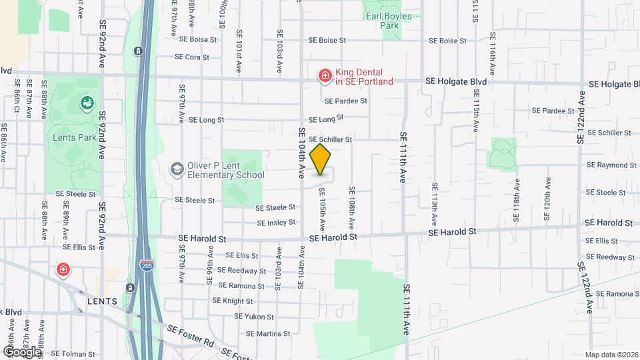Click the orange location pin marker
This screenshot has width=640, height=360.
[321, 159]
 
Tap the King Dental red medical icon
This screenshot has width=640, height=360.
[325, 77]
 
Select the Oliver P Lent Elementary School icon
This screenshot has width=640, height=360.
[177, 169]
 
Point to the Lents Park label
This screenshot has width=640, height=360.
[74, 137]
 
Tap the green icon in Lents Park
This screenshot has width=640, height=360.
[86, 103]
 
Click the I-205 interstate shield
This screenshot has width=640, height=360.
[147, 266]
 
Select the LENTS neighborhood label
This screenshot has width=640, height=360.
[103, 301]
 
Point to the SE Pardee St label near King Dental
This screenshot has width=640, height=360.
[346, 101]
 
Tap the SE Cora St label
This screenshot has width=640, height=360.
[192, 57]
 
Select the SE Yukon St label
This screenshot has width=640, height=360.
[253, 317]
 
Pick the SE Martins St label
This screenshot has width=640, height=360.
[269, 333]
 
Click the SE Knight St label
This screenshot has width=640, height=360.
[233, 301]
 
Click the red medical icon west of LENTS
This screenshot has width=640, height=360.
[63, 270]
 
